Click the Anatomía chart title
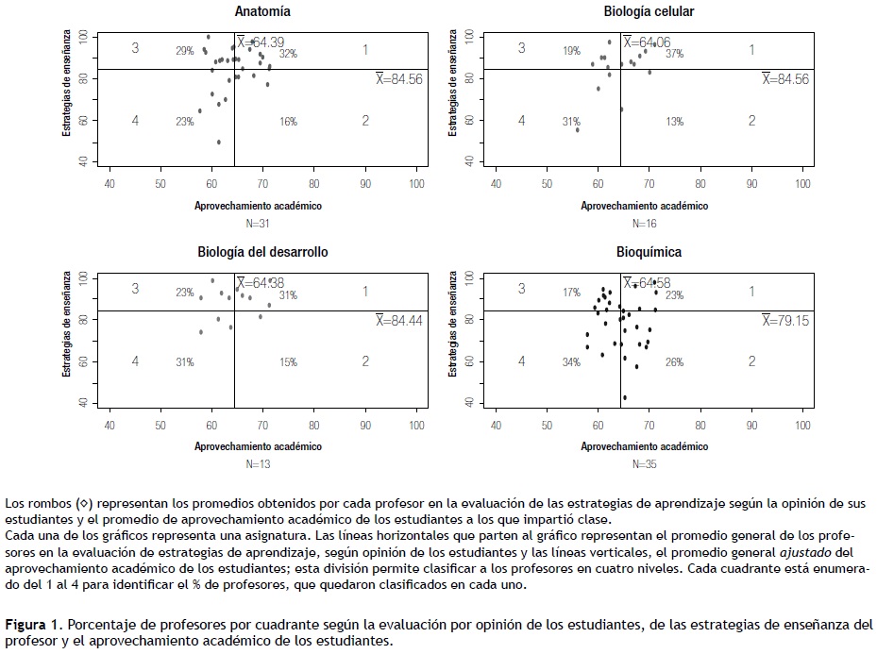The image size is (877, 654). (x=262, y=12)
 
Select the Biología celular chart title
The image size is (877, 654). (x=649, y=12)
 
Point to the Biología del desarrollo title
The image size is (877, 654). (x=262, y=252)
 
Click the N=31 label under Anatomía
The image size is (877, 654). (x=259, y=224)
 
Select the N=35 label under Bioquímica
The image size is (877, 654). (x=646, y=463)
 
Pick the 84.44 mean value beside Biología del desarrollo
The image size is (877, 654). (x=398, y=321)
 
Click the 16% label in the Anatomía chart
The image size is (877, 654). (x=288, y=122)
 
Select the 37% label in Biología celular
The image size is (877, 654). (x=674, y=54)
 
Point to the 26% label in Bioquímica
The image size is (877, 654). (x=674, y=362)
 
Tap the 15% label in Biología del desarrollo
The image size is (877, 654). (x=288, y=362)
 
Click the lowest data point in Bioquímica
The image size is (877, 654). (x=625, y=397)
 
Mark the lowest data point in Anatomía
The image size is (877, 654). (x=219, y=143)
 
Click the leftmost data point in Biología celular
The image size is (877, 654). (x=577, y=129)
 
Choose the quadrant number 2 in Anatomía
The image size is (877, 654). (x=365, y=121)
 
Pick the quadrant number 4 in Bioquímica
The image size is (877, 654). (x=521, y=361)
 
